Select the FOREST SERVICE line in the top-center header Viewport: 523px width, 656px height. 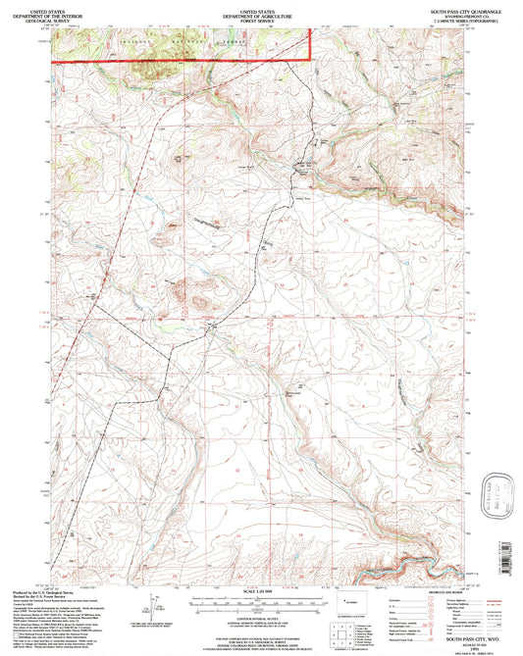point(261,18)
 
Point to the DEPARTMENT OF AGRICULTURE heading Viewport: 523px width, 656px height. point(261,12)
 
